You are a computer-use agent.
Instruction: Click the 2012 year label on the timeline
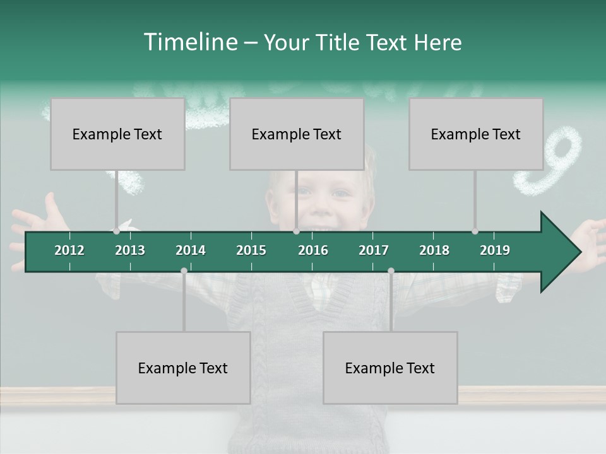(69, 250)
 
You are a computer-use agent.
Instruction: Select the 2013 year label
(130, 250)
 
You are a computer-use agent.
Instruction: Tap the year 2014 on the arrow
(191, 250)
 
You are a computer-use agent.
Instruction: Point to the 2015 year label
(251, 250)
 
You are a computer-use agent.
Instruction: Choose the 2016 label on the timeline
(313, 250)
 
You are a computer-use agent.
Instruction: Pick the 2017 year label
(374, 250)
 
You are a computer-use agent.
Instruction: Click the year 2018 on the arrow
(434, 250)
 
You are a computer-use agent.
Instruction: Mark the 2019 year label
(495, 250)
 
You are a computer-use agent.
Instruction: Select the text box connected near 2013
(117, 134)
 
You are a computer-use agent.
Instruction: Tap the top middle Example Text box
(297, 134)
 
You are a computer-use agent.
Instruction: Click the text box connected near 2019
(476, 134)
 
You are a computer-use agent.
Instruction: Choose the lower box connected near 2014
(183, 368)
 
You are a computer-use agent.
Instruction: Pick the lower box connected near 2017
(390, 368)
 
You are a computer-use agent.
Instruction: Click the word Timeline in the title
(190, 42)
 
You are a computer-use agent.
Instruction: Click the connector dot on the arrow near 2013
(116, 231)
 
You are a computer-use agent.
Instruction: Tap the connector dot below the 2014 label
(184, 271)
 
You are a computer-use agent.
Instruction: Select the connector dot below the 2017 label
(391, 271)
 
